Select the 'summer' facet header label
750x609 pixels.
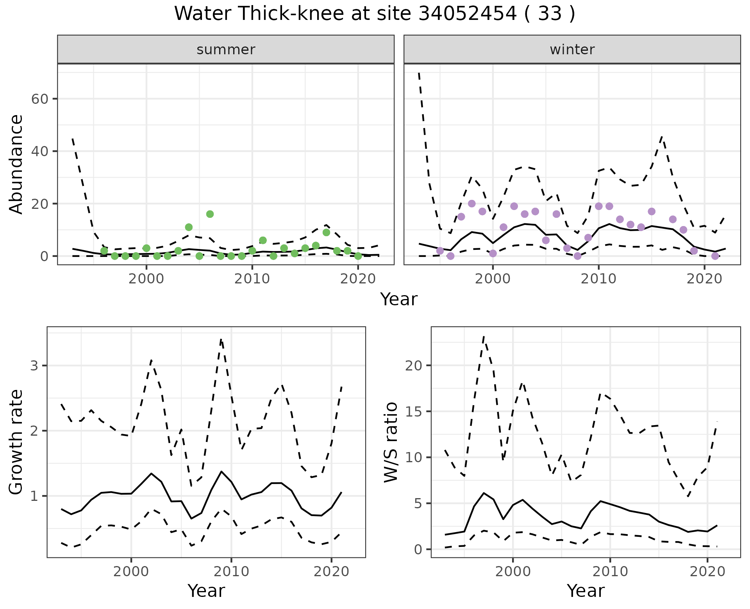click(226, 50)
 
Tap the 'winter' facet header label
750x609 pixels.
click(572, 50)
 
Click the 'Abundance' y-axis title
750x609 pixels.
click(16, 164)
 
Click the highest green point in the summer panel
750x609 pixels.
click(210, 214)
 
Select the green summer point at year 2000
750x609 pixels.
click(146, 248)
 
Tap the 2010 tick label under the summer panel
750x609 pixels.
click(252, 279)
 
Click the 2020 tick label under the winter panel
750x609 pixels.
click(704, 279)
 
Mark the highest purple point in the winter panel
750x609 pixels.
click(471, 204)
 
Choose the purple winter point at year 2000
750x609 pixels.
click(493, 253)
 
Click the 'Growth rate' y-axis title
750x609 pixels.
click(16, 442)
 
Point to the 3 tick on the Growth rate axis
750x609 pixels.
click(34, 366)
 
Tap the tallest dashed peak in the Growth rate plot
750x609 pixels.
click(221, 340)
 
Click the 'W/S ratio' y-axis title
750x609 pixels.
click(391, 442)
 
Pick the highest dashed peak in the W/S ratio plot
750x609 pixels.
click(484, 336)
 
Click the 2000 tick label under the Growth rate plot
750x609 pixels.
click(131, 572)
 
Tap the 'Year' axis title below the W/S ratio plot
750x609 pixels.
click(586, 591)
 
